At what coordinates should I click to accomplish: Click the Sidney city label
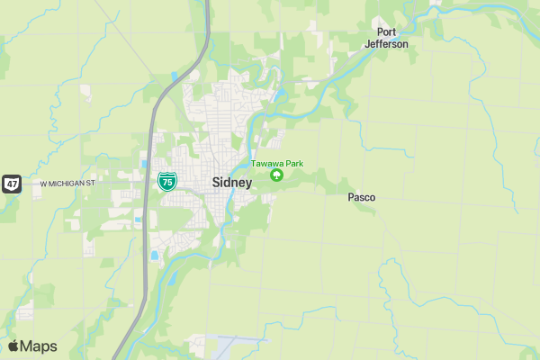tap(232, 182)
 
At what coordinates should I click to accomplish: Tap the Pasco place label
tap(362, 197)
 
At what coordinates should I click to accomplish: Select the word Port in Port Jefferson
tap(387, 32)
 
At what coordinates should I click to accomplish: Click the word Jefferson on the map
tap(387, 44)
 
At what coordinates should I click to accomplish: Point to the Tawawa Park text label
tap(277, 163)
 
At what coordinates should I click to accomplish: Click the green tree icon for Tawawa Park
tap(276, 175)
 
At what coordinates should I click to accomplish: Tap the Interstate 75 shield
tap(166, 181)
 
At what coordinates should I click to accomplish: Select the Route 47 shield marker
tap(11, 184)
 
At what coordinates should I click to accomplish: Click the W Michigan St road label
tap(67, 184)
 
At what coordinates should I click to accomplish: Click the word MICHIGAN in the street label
tap(67, 184)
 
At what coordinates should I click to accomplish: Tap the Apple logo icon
tap(13, 346)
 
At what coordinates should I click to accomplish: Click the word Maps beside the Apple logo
tap(40, 346)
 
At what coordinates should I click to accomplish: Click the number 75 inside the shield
tap(166, 182)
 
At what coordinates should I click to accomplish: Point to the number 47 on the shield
tap(11, 184)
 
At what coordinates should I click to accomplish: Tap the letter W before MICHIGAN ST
tap(43, 184)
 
